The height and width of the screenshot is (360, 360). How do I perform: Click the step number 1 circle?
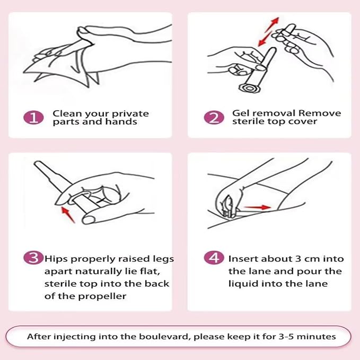tap(33, 118)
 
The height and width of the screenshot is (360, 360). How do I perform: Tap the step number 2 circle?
tap(214, 118)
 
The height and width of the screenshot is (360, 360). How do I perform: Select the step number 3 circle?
tap(33, 258)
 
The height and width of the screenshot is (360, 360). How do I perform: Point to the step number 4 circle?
tap(214, 258)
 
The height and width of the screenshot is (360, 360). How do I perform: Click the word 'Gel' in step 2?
tap(241, 113)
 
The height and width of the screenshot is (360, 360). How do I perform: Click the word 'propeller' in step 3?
tap(102, 296)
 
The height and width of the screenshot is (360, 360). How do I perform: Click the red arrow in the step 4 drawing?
tap(257, 207)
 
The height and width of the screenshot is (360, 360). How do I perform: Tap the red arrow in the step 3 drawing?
tap(68, 215)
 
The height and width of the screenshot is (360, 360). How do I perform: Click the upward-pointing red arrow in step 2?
tap(272, 25)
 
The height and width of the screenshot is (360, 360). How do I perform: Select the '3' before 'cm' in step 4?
tap(298, 259)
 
